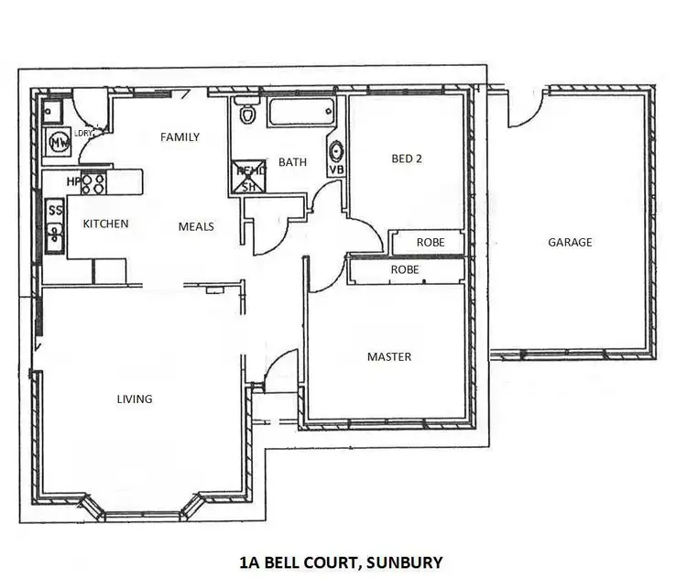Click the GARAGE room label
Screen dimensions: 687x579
pyautogui.click(x=570, y=243)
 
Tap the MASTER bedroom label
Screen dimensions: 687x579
pyautogui.click(x=388, y=356)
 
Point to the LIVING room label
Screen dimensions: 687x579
pyautogui.click(x=135, y=399)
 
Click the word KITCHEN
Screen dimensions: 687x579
pyautogui.click(x=105, y=224)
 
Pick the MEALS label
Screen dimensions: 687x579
pyautogui.click(x=196, y=225)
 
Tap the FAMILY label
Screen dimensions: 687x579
pyautogui.click(x=180, y=137)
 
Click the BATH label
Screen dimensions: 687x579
pyautogui.click(x=292, y=162)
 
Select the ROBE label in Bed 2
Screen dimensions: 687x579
pyautogui.click(x=431, y=243)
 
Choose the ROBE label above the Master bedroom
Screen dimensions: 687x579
pyautogui.click(x=405, y=270)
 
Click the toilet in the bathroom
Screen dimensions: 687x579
pyautogui.click(x=245, y=115)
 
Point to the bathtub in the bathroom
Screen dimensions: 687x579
pyautogui.click(x=302, y=113)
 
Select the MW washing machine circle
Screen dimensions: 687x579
pyautogui.click(x=59, y=143)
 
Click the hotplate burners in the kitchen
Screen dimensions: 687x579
pyautogui.click(x=93, y=182)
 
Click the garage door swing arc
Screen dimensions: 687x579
pyautogui.click(x=522, y=110)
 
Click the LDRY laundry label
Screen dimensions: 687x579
pyautogui.click(x=85, y=134)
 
